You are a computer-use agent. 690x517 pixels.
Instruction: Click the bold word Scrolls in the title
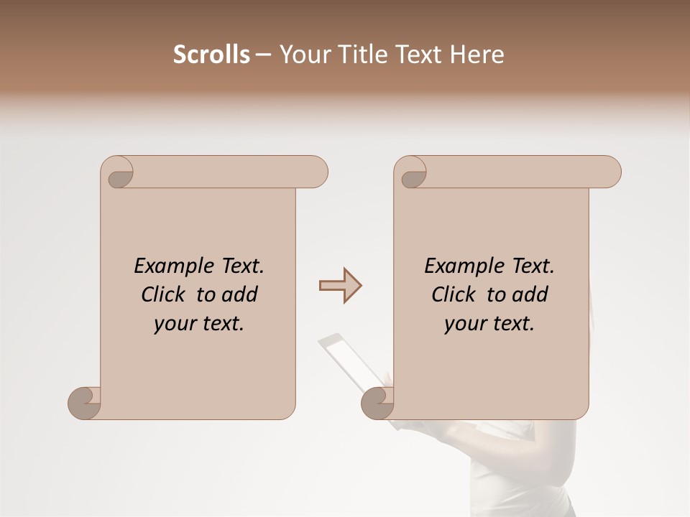(211, 55)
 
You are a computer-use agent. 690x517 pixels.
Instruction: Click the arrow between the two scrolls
(340, 286)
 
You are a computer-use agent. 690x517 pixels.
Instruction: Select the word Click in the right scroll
(454, 294)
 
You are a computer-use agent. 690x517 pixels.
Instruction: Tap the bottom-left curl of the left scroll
(84, 402)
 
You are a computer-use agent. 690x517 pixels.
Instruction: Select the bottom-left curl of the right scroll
(377, 402)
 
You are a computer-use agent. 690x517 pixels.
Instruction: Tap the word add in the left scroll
(239, 294)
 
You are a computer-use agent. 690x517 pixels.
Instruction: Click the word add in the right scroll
(530, 294)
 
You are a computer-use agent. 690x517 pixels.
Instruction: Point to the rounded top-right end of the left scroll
(317, 172)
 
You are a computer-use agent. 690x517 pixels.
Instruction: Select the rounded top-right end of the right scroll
(610, 172)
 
